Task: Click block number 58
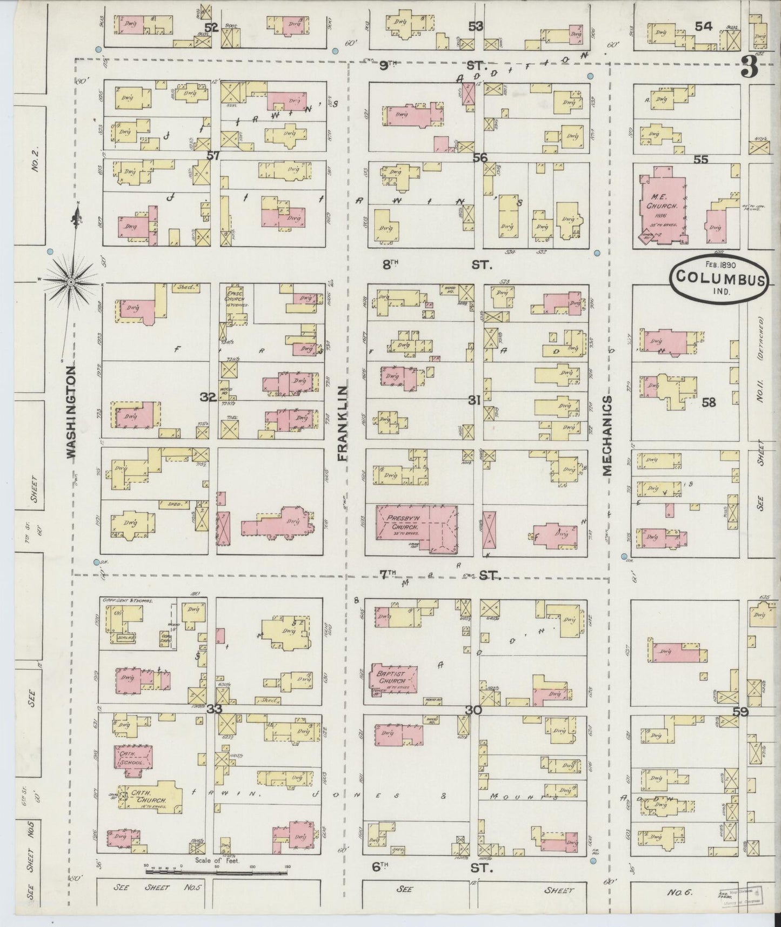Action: pyautogui.click(x=708, y=403)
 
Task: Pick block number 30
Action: pyautogui.click(x=475, y=710)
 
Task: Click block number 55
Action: pyautogui.click(x=701, y=160)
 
